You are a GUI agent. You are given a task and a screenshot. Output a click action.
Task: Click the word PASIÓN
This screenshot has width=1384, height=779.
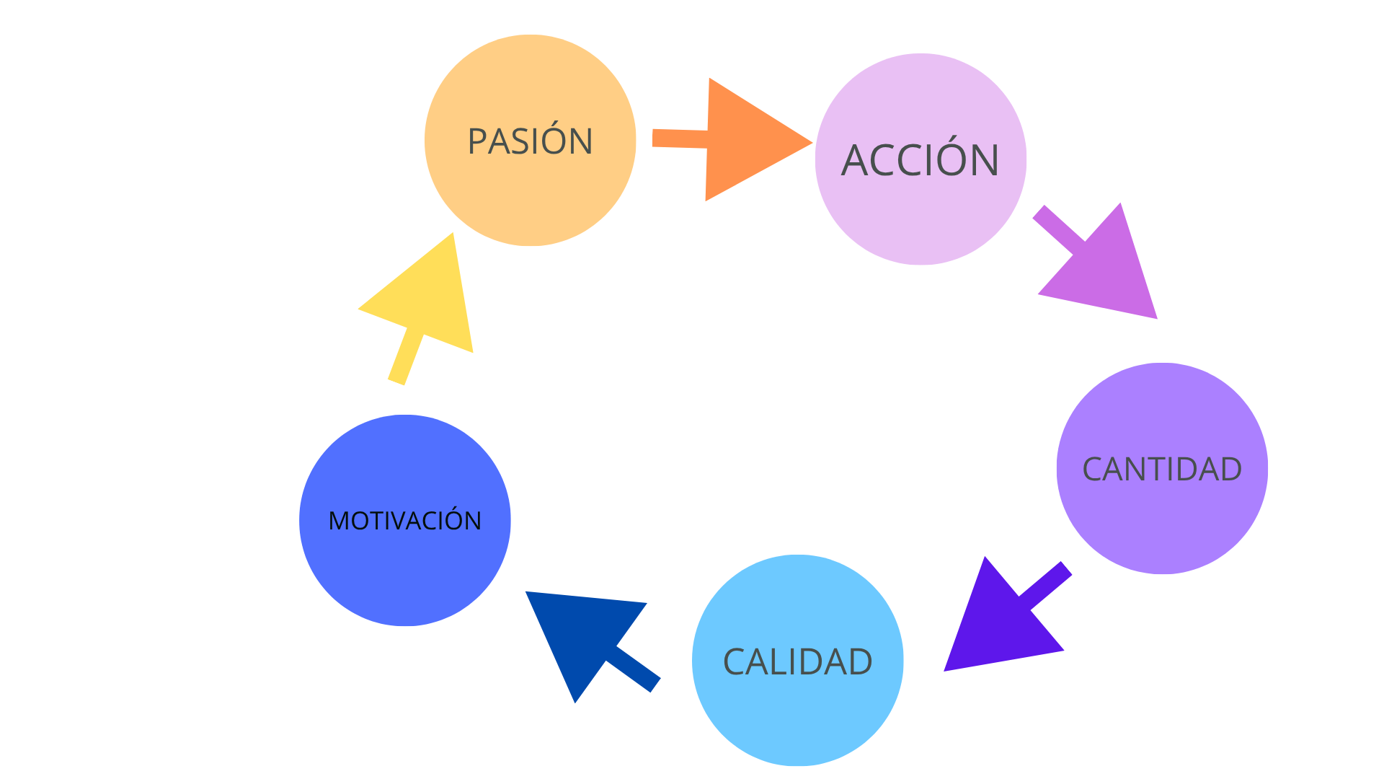pyautogui.click(x=530, y=141)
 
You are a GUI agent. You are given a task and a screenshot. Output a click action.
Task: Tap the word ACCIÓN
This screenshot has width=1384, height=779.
pyautogui.click(x=920, y=160)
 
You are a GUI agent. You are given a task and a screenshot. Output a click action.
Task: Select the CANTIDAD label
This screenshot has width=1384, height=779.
pyautogui.click(x=1161, y=470)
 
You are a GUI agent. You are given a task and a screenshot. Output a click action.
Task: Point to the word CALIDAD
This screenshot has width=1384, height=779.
pyautogui.click(x=797, y=662)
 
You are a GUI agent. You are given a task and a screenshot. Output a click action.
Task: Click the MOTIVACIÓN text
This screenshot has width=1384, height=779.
pyautogui.click(x=404, y=521)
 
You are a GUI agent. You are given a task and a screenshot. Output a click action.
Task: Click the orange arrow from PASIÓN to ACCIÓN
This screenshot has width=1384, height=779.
pyautogui.click(x=742, y=140)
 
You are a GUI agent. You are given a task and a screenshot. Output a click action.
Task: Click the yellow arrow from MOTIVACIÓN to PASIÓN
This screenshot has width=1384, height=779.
pyautogui.click(x=425, y=303)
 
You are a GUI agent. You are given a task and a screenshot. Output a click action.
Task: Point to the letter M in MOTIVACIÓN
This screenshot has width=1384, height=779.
pyautogui.click(x=337, y=521)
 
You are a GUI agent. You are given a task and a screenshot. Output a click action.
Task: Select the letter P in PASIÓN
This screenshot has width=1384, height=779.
pyautogui.click(x=476, y=141)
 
